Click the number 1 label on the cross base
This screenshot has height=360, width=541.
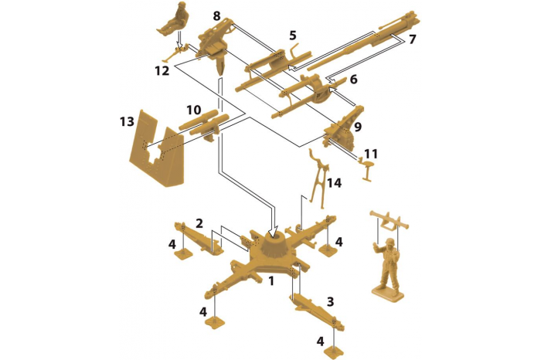pos(270,281)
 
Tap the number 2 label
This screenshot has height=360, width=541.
pos(199,223)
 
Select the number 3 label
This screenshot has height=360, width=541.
pos(330,302)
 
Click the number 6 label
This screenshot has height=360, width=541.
pos(353,79)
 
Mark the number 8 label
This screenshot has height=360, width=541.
pos(216,16)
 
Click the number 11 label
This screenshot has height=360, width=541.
pos(371,153)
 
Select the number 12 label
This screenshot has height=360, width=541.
pos(162,71)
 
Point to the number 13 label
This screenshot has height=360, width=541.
pos(127,121)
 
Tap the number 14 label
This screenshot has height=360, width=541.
pos(334,183)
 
